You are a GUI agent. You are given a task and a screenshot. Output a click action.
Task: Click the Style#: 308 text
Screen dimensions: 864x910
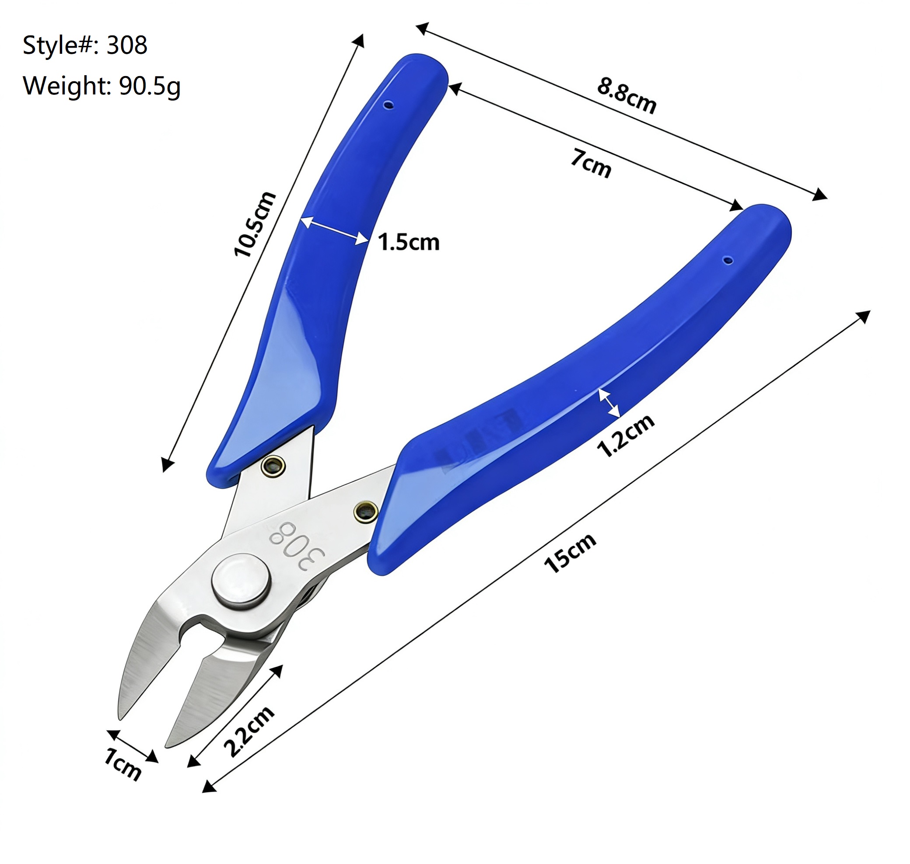pyautogui.click(x=85, y=45)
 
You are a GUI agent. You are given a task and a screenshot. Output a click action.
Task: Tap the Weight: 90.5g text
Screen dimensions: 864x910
pyautogui.click(x=101, y=86)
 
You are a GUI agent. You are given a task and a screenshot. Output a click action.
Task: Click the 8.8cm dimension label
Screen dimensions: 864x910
pyautogui.click(x=626, y=96)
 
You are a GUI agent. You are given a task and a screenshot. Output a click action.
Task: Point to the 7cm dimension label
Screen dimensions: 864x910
pyautogui.click(x=591, y=163)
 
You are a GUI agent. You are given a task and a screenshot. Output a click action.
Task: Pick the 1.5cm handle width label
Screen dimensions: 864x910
pyautogui.click(x=408, y=242)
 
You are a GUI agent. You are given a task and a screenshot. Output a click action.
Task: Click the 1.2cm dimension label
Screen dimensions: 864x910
pyautogui.click(x=625, y=435)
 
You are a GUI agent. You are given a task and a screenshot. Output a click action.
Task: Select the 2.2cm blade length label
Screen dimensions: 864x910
pyautogui.click(x=248, y=731)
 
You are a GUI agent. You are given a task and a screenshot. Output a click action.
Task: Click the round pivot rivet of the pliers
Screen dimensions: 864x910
pyautogui.click(x=241, y=582)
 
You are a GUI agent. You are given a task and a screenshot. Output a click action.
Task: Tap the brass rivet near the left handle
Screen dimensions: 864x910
pyautogui.click(x=273, y=467)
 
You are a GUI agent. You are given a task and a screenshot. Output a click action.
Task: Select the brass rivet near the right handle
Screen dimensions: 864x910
pyautogui.click(x=366, y=511)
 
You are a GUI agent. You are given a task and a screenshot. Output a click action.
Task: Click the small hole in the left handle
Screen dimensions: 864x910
pyautogui.click(x=389, y=105)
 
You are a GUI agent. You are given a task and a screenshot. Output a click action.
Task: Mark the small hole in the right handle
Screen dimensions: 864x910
pyautogui.click(x=728, y=261)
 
